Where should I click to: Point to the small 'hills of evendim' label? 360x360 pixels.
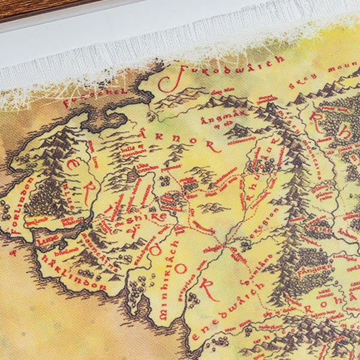(133, 151)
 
